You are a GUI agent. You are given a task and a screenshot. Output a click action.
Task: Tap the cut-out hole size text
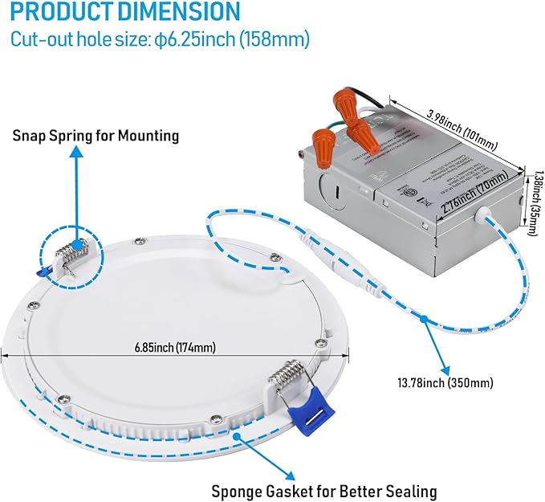160,39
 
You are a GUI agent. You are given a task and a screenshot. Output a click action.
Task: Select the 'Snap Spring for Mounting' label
96,136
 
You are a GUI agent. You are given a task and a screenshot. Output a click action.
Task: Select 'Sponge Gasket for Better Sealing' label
323,490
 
